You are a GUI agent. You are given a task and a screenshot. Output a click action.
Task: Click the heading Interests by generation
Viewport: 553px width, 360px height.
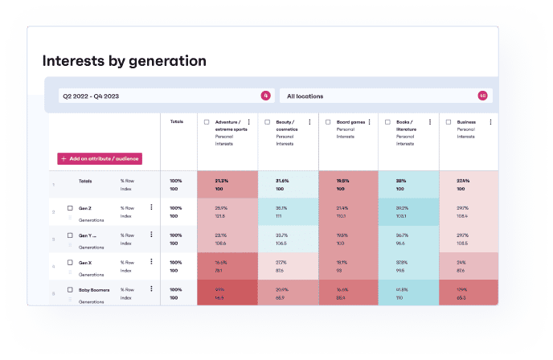(124, 60)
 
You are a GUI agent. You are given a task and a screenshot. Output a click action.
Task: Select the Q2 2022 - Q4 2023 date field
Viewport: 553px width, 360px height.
(161, 96)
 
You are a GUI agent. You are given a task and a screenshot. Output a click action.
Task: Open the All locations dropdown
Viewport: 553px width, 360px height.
(386, 96)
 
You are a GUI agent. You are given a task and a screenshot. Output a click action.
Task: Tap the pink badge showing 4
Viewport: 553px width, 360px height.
(265, 96)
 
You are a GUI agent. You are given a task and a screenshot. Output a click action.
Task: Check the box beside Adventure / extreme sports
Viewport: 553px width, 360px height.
(207, 122)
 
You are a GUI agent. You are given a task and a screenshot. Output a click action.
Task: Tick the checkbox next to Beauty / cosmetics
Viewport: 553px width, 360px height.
(268, 122)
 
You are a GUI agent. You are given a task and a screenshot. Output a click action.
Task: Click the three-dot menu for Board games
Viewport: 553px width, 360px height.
(370, 122)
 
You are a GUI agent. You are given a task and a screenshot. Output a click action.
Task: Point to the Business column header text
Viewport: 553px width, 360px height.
(466, 122)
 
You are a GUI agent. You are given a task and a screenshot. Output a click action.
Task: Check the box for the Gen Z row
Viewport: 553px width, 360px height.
(70, 208)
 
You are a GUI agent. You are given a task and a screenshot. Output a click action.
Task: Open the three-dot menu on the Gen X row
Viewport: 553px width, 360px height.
(151, 261)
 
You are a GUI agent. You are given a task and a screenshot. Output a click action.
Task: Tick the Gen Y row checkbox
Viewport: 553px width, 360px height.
(70, 235)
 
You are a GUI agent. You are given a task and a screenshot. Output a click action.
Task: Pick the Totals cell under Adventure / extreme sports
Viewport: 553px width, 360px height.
(227, 184)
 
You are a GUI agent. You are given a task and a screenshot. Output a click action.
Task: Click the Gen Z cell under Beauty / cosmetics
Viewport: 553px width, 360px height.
(288, 211)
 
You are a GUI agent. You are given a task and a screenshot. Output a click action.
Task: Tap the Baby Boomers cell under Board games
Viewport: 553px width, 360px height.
(348, 292)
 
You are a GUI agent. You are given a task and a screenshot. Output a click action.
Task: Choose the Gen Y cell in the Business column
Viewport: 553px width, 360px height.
(469, 239)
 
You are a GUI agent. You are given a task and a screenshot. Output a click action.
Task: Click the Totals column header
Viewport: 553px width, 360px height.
(177, 122)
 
